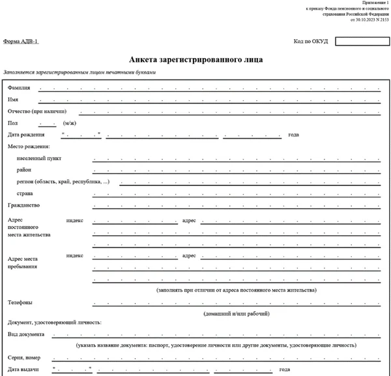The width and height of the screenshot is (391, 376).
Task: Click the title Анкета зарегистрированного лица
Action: pos(196,59)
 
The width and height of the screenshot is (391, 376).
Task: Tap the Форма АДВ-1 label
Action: pos(21,41)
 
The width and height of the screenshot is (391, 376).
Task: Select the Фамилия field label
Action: pos(19,87)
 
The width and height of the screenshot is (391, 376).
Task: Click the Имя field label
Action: pos(13,99)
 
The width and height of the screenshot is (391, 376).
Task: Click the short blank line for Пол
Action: pos(48,123)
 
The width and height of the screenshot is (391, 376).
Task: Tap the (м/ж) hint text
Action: pos(70,123)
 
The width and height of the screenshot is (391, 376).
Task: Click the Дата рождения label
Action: pos(26,135)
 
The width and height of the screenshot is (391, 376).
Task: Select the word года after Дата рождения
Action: pos(293,135)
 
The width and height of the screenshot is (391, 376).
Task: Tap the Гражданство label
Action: pos(23,205)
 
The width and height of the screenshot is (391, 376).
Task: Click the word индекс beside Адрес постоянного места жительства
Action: pos(75,220)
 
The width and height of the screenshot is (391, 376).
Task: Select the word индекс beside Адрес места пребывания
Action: pos(75,255)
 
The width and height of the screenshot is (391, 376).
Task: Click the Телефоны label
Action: pos(20,302)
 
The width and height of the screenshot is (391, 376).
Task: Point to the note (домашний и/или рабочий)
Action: pos(237,313)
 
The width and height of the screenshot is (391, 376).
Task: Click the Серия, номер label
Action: pos(25,357)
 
